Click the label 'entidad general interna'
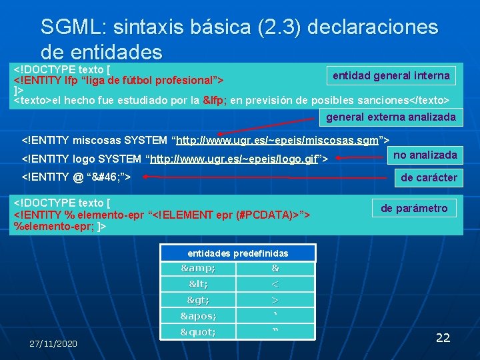click(391, 76)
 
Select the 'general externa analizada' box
click(391, 117)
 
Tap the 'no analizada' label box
click(425, 155)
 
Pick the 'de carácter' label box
click(429, 177)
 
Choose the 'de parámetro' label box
click(414, 209)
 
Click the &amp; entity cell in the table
click(199, 269)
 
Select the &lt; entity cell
click(199, 285)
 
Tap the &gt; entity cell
click(199, 300)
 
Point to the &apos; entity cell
click(199, 316)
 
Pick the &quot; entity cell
click(199, 331)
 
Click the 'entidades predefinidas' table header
click(237, 253)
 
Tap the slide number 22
click(443, 338)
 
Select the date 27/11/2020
click(53, 343)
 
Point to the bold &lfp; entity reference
click(214, 100)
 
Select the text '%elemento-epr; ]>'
click(59, 227)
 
